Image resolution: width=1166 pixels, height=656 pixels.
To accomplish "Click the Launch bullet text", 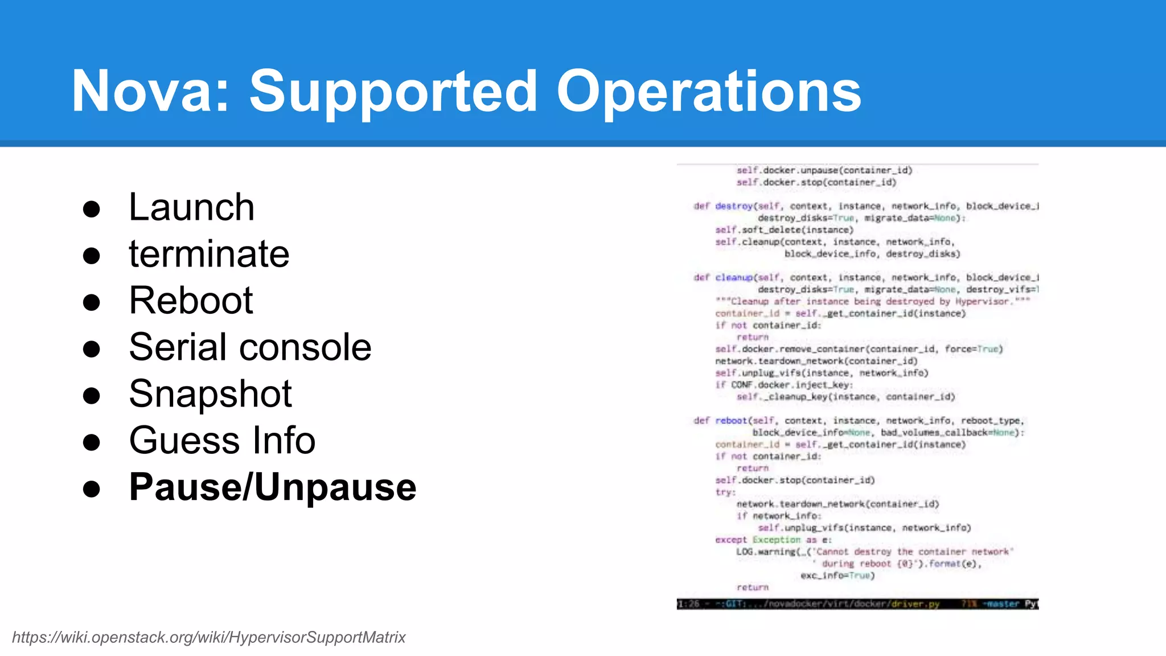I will [x=191, y=207].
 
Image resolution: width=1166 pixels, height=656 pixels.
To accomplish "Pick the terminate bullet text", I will [x=209, y=254].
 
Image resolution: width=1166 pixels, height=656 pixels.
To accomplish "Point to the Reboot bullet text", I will [x=191, y=301].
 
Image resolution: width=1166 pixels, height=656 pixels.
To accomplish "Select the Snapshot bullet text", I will [x=210, y=394].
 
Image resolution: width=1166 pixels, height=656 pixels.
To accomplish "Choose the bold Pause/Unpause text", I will [x=273, y=487].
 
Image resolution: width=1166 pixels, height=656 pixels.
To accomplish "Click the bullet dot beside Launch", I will [x=92, y=209].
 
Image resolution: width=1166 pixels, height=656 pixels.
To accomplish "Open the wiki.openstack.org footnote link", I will [x=208, y=637].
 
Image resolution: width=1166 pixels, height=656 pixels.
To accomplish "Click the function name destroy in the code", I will [x=734, y=206].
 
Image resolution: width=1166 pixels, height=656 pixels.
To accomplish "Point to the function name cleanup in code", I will [x=734, y=277].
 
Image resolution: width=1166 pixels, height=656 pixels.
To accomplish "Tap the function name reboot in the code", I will [x=731, y=421].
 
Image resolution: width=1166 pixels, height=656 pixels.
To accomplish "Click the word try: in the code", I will [x=725, y=492].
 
